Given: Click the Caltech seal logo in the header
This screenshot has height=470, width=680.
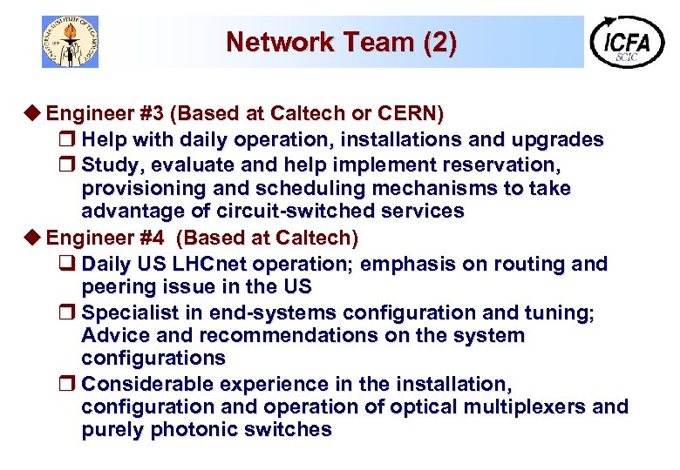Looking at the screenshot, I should pyautogui.click(x=71, y=41).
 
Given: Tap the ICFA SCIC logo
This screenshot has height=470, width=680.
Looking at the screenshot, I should pyautogui.click(x=627, y=41).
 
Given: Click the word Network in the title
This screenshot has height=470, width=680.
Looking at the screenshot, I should pyautogui.click(x=267, y=42).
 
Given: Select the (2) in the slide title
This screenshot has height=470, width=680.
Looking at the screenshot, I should pyautogui.click(x=439, y=42).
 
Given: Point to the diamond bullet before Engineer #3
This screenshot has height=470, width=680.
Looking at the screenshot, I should pyautogui.click(x=35, y=114).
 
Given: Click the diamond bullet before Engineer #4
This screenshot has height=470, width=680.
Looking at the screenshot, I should pyautogui.click(x=35, y=238).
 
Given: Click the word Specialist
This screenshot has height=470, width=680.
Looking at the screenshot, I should pyautogui.click(x=128, y=312).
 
